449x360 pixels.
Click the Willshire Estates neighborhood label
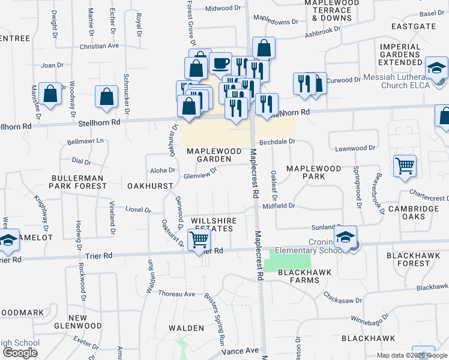point(213,225)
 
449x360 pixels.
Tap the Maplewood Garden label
point(209,155)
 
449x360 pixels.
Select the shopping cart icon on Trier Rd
point(199,241)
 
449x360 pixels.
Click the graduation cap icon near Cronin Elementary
point(346,237)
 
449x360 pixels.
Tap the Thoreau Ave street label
point(177,294)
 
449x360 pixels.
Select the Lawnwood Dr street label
point(355,148)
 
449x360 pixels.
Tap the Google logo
point(20,353)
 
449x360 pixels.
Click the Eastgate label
point(413,26)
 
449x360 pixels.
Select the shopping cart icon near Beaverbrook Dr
point(405,166)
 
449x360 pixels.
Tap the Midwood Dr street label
point(218,8)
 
